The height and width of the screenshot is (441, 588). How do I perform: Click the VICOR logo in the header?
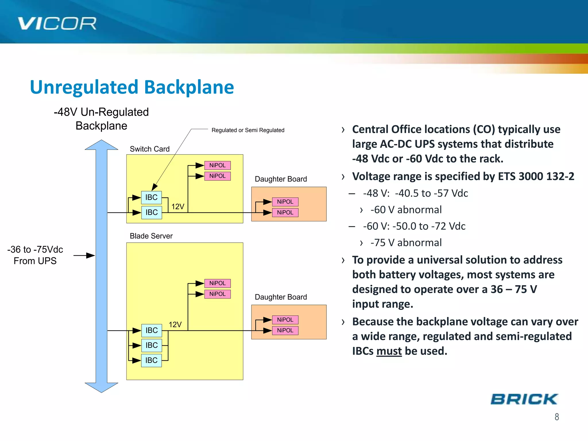(57, 24)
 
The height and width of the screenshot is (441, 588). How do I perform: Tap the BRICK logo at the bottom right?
(524, 399)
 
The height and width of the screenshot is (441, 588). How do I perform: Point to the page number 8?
(557, 417)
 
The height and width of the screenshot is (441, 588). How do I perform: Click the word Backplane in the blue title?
(189, 87)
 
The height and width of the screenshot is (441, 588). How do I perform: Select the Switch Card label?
(150, 149)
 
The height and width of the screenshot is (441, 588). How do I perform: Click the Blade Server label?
(151, 236)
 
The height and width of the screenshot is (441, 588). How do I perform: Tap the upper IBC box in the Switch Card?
(151, 198)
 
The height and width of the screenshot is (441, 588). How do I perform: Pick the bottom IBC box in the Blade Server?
(151, 360)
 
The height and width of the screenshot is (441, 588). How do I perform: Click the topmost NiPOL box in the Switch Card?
(217, 165)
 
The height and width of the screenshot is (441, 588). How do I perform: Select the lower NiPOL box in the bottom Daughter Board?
(285, 330)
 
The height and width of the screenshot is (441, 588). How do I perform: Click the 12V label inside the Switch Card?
(178, 207)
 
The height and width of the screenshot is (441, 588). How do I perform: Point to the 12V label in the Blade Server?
(175, 325)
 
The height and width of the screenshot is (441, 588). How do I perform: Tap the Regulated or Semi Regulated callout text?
(248, 130)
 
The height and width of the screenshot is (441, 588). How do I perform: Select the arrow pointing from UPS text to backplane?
(84, 256)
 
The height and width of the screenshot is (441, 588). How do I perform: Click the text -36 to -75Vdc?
(35, 249)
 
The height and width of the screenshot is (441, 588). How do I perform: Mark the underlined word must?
(389, 351)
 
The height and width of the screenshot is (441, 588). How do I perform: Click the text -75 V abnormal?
(406, 243)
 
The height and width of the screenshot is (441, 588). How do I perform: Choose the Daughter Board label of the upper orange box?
(281, 179)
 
